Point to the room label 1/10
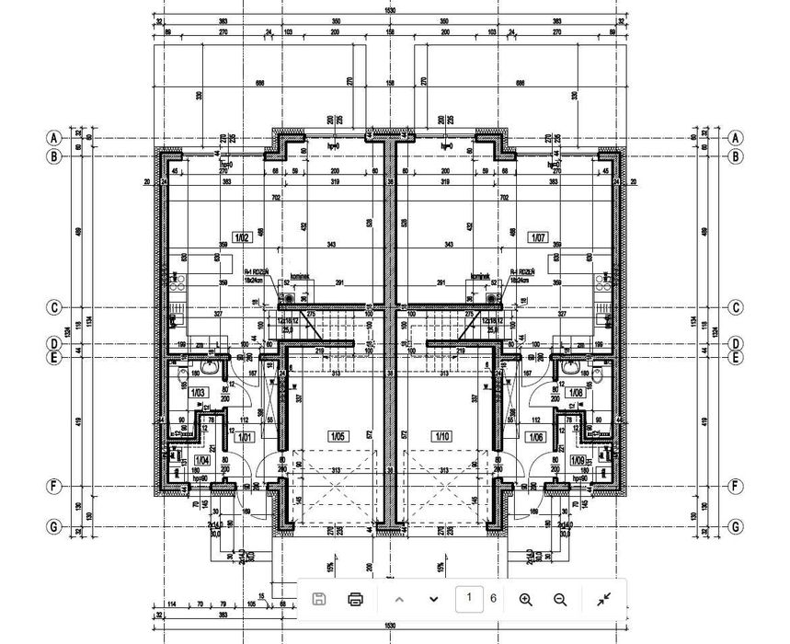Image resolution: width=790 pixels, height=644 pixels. tap(442, 436)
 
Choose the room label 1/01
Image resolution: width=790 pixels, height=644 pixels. tap(244, 438)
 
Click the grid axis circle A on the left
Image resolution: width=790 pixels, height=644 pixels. tap(54, 137)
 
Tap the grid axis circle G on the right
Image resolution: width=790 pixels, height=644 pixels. tap(735, 526)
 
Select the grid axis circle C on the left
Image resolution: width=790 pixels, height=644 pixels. tap(54, 307)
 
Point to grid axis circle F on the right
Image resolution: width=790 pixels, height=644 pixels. tap(735, 486)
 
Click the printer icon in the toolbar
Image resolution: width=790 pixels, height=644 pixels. tap(356, 600)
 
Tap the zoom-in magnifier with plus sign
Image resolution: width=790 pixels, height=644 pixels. tap(526, 600)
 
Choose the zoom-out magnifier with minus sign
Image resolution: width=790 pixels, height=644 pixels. tap(560, 600)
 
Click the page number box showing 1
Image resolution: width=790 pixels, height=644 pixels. tap(469, 599)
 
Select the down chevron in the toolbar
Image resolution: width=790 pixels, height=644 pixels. tap(433, 600)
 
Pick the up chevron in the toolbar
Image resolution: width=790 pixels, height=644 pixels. tap(399, 600)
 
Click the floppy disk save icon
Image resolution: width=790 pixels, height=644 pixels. tap(319, 600)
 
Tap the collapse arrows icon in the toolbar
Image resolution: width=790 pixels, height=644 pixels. tap(603, 600)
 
